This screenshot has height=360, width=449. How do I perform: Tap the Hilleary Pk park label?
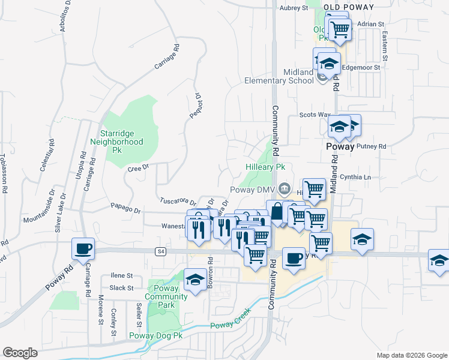(x=265, y=167)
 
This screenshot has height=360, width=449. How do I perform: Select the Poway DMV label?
(x=252, y=190)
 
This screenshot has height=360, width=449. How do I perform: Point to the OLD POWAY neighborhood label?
(x=348, y=7)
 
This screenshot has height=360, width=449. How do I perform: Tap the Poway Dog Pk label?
(x=155, y=336)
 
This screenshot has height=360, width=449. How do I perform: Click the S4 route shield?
(x=160, y=251)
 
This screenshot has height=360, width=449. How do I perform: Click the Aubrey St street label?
(x=294, y=8)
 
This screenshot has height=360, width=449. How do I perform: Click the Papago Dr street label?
(x=125, y=210)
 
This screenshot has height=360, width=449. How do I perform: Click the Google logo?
(x=20, y=352)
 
